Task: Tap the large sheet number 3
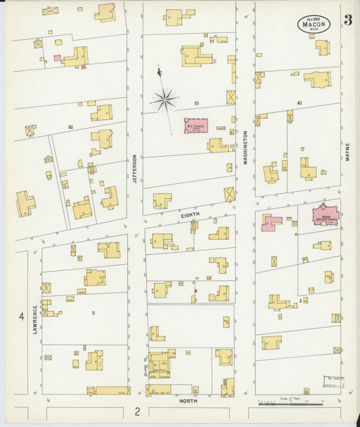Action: point(347,20)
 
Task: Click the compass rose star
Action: point(164,100)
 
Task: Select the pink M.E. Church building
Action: point(197,126)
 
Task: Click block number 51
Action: point(197,103)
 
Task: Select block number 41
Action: point(299,103)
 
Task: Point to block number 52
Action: point(70,126)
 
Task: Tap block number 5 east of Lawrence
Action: point(93,312)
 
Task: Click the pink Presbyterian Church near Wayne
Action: point(327,216)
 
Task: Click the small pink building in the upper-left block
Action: point(57,59)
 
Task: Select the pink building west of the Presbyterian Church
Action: point(272,222)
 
